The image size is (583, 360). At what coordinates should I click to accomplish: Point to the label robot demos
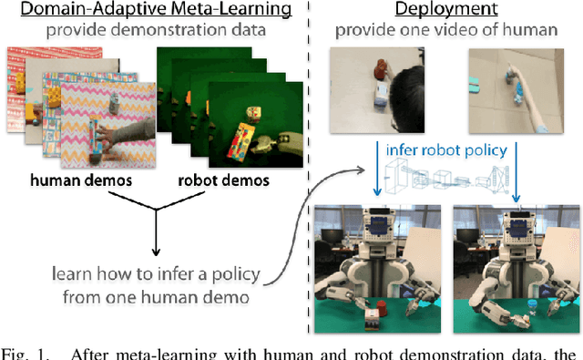pyautogui.click(x=223, y=180)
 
